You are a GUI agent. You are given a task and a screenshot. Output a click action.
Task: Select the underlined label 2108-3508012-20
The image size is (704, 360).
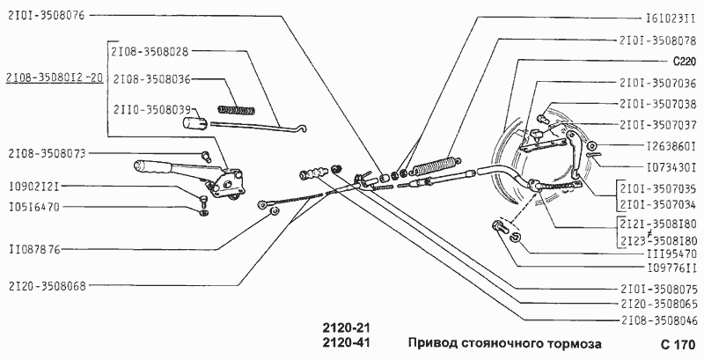(55, 78)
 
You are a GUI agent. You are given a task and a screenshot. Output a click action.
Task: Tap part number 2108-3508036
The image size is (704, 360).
(151, 78)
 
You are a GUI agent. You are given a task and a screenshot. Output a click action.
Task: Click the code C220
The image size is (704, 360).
(684, 62)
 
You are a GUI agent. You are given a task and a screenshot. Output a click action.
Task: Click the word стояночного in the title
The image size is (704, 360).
(511, 342)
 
